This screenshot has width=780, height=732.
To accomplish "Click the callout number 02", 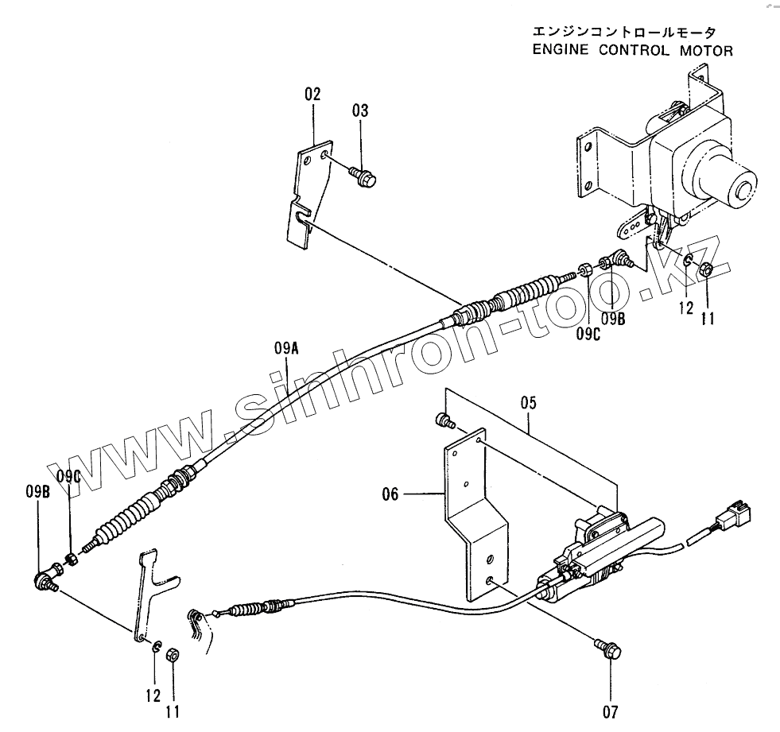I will click(312, 94).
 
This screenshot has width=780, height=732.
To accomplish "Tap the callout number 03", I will click(360, 110).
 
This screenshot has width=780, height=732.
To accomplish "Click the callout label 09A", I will click(286, 347).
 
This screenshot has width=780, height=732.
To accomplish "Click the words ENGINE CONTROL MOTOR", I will click(632, 51).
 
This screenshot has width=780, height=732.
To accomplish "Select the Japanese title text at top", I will click(623, 33).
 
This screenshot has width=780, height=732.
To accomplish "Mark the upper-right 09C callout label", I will click(589, 335).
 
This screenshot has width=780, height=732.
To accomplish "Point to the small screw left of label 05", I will click(444, 419).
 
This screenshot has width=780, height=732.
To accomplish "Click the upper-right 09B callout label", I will click(612, 319).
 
